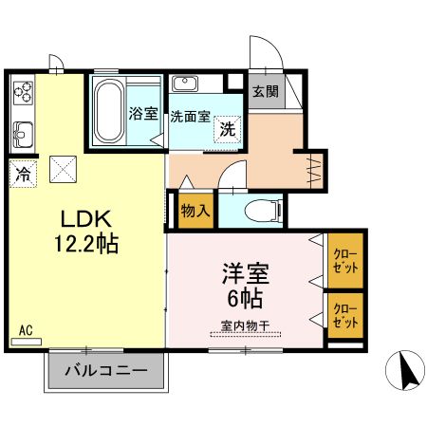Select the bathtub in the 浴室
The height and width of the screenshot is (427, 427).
click(x=109, y=112)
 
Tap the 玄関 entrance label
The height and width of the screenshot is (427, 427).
click(x=265, y=92)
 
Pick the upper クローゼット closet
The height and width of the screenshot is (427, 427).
click(x=346, y=260)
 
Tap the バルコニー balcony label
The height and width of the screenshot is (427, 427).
click(x=105, y=371)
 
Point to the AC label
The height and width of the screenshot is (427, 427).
click(x=26, y=331)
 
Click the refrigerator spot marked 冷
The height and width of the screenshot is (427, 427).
click(x=22, y=175)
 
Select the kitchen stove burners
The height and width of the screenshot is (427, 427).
click(x=23, y=93)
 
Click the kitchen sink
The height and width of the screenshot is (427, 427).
click(x=23, y=134)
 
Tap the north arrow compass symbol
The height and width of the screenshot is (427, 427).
click(x=407, y=370)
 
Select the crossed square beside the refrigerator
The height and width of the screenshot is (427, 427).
click(x=64, y=170)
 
